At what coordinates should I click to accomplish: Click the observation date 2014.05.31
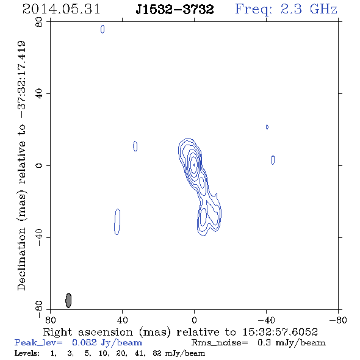(x=61, y=9)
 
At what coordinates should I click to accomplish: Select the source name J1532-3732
(x=175, y=9)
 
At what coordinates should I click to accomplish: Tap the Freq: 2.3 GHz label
(x=286, y=10)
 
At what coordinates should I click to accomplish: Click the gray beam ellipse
(x=68, y=300)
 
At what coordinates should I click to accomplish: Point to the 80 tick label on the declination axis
(x=39, y=22)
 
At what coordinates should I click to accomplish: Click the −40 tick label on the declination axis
(x=39, y=237)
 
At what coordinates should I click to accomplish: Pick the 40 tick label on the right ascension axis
(x=122, y=320)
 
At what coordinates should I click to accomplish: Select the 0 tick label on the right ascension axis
(x=194, y=320)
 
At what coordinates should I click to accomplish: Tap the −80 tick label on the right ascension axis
(x=338, y=320)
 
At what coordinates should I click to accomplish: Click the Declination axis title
(x=21, y=166)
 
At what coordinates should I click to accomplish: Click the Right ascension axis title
(x=180, y=332)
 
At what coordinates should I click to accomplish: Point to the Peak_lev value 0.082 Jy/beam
(x=107, y=343)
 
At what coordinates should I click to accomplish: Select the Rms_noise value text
(x=292, y=343)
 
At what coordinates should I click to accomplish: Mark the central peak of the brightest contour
(x=194, y=165)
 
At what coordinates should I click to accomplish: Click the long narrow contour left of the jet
(x=117, y=221)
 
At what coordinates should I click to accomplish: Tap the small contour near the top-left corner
(x=103, y=29)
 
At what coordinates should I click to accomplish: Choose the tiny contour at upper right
(x=267, y=127)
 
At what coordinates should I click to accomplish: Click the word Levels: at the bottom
(x=27, y=353)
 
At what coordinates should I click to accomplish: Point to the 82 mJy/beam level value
(x=179, y=353)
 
